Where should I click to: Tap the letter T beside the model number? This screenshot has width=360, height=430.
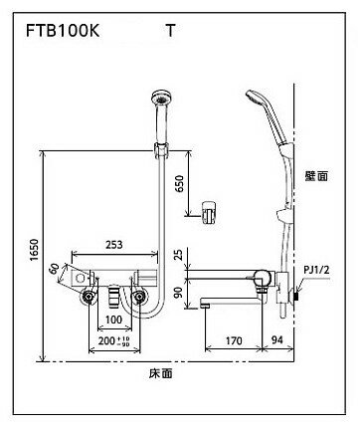[170, 31]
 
